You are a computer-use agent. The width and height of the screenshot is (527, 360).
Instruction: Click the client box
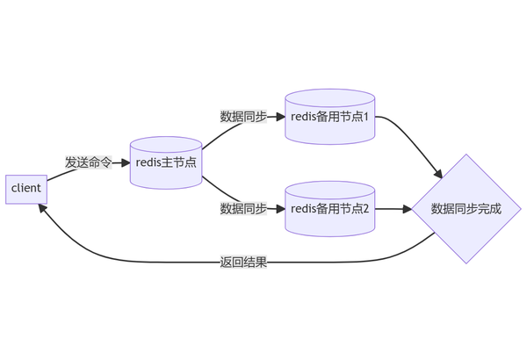[26, 190]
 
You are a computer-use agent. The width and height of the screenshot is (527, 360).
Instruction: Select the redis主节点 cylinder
[166, 162]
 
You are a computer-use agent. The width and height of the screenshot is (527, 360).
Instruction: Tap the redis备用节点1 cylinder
[329, 117]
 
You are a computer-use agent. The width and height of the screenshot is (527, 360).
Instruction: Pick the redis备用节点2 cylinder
[329, 209]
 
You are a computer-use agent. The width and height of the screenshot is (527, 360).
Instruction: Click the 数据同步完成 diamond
[466, 209]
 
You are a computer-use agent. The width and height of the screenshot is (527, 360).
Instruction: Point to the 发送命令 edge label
[89, 162]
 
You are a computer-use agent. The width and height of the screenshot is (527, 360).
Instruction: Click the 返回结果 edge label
[243, 263]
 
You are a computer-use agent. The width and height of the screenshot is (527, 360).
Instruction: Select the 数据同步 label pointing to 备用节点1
[243, 117]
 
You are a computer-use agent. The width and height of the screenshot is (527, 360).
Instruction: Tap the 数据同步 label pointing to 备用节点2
[243, 209]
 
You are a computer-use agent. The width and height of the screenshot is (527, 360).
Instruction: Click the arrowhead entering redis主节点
[126, 163]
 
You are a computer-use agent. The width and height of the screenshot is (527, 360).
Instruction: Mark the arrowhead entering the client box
[41, 208]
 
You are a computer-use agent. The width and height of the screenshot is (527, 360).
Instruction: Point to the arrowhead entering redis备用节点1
[281, 117]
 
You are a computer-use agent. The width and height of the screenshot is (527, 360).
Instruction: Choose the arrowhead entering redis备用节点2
[281, 209]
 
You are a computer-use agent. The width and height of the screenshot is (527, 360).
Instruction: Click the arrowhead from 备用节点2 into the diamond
[408, 209]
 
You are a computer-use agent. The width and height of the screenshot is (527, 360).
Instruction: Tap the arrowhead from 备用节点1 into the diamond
[438, 175]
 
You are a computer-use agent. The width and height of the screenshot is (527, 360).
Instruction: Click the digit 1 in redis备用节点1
[366, 117]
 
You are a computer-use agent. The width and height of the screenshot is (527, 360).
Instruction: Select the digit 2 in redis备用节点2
[366, 209]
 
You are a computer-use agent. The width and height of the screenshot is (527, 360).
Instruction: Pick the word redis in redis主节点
[148, 162]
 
